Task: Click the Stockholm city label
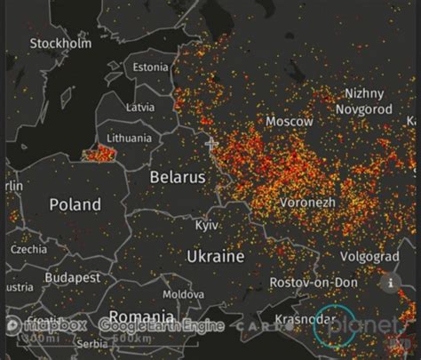pyautogui.click(x=60, y=43)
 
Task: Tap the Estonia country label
pyautogui.click(x=150, y=67)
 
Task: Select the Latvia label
pyautogui.click(x=140, y=107)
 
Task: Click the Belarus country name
pyautogui.click(x=178, y=177)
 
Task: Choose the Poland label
pyautogui.click(x=75, y=204)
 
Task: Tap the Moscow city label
pyautogui.click(x=290, y=121)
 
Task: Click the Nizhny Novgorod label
pyautogui.click(x=363, y=100)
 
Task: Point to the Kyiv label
pyautogui.click(x=207, y=225)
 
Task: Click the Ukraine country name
pyautogui.click(x=215, y=256)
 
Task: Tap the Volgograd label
pyautogui.click(x=369, y=256)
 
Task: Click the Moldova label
pyautogui.click(x=183, y=293)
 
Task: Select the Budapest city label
pyautogui.click(x=74, y=277)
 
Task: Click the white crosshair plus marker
pyautogui.click(x=211, y=143)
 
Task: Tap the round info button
pyautogui.click(x=389, y=283)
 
